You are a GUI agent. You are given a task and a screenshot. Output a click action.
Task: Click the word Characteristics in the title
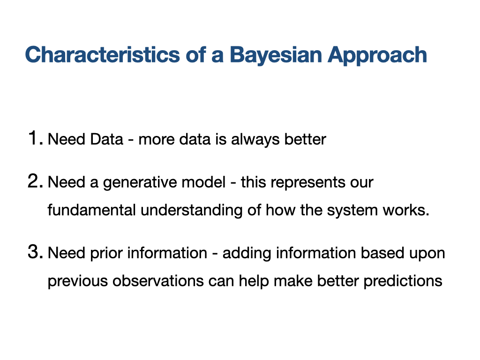click(102, 55)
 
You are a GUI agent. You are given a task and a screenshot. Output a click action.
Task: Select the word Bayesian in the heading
click(276, 56)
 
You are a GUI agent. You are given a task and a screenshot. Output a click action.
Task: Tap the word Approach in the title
click(377, 56)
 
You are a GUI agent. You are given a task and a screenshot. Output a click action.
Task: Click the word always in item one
click(255, 140)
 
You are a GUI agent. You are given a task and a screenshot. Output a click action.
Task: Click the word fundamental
click(91, 210)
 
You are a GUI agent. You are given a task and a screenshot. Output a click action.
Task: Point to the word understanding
click(192, 211)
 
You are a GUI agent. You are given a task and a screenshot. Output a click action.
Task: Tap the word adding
click(247, 254)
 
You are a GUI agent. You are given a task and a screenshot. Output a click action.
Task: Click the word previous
click(78, 282)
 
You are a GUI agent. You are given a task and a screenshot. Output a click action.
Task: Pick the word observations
click(158, 281)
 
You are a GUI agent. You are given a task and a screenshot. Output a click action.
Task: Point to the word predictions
click(403, 282)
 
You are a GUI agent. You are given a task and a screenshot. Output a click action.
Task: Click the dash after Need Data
click(131, 141)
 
